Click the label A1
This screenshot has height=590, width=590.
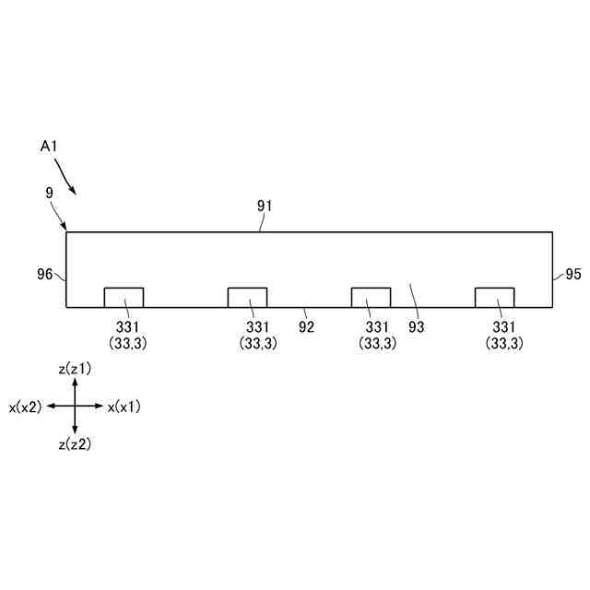click(x=51, y=147)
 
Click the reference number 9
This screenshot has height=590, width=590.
click(x=49, y=193)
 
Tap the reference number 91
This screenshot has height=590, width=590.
click(x=265, y=206)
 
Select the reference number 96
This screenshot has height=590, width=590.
click(x=44, y=274)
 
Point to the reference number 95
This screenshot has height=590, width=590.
click(x=572, y=274)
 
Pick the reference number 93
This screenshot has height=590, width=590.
click(x=416, y=325)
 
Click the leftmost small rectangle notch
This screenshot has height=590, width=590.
click(x=124, y=297)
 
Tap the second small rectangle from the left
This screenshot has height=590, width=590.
click(x=247, y=297)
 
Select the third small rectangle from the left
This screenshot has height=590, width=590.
click(x=371, y=297)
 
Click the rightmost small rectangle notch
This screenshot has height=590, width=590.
click(x=494, y=297)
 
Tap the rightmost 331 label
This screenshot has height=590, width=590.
click(x=504, y=326)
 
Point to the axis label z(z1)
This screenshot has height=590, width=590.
click(x=75, y=369)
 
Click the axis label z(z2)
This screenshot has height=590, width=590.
click(x=75, y=444)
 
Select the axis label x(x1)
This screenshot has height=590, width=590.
click(x=124, y=407)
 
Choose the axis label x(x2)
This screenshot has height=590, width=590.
click(x=25, y=407)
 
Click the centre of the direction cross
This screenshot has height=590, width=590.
click(x=75, y=406)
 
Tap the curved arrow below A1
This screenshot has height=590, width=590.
click(x=65, y=177)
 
